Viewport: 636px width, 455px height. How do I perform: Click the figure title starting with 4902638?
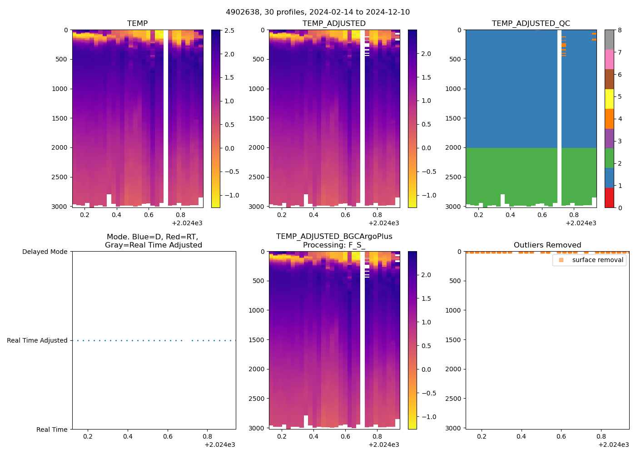tap(318, 12)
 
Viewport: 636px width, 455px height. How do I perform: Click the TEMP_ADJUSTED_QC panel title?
tap(531, 24)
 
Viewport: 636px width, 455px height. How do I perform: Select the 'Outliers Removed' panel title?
tap(547, 245)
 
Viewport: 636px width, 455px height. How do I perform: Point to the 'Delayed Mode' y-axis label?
tap(45, 252)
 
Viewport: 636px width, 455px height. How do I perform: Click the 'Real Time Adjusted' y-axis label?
tap(37, 341)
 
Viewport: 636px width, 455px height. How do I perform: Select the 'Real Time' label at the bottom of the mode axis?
tap(52, 430)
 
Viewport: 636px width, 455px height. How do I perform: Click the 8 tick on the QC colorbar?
tap(620, 30)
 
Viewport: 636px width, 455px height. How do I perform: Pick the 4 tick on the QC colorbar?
tap(620, 119)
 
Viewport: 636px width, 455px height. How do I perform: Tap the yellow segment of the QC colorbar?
tap(609, 99)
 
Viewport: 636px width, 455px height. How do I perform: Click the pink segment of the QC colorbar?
tap(609, 60)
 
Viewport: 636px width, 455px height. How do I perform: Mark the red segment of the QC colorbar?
tap(609, 198)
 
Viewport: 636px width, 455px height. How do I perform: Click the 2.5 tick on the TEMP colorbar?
tap(229, 30)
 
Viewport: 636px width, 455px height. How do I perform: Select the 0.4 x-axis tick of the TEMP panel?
tap(117, 215)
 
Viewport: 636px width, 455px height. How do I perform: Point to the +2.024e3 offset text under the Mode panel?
tap(219, 445)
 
